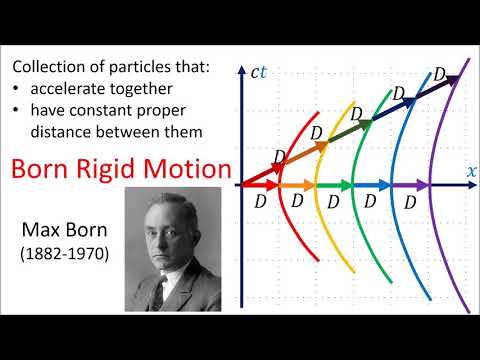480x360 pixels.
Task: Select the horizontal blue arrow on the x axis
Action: tap(373, 185)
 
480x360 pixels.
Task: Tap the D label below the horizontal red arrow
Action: tap(259, 200)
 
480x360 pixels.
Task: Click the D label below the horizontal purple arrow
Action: tap(410, 200)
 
